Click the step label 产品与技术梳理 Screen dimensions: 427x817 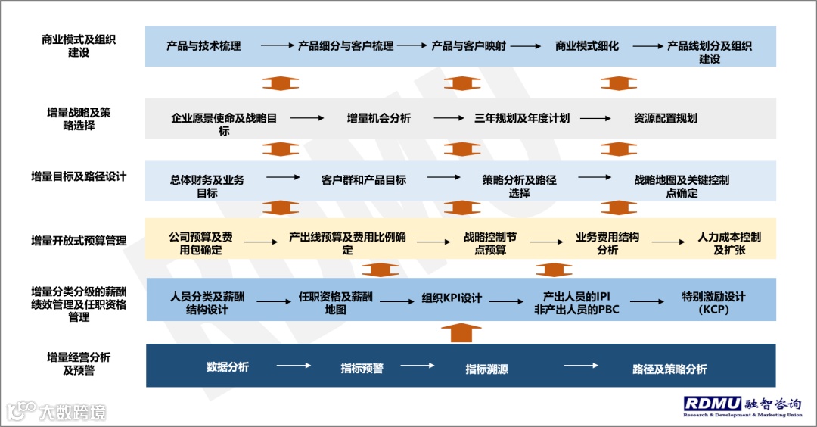tap(203, 46)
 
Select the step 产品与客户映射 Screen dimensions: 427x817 tap(468, 46)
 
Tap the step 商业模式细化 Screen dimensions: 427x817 tap(586, 46)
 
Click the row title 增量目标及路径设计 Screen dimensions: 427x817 tap(79, 176)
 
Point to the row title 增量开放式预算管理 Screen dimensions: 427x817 tap(79, 241)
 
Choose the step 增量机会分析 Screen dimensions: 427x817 tap(379, 118)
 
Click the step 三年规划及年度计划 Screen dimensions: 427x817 tap(522, 118)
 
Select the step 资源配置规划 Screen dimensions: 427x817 tap(665, 118)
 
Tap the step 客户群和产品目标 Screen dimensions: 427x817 tap(364, 180)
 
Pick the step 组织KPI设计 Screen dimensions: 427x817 tap(452, 298)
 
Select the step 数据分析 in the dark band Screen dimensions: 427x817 tap(228, 367)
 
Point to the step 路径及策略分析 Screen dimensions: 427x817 tap(669, 369)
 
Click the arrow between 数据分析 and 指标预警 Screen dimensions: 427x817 tap(293, 366)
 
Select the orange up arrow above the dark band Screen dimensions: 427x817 tap(460, 332)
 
